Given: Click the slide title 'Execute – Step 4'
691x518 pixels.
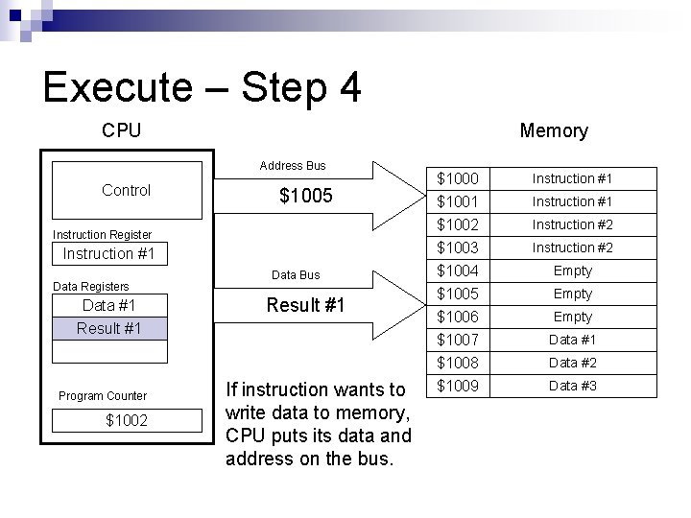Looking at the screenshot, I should click(203, 87).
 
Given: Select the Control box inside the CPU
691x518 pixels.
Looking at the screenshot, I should click(126, 190).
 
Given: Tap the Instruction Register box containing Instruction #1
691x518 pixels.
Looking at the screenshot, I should click(110, 254).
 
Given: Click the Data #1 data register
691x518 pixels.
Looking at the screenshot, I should click(110, 306).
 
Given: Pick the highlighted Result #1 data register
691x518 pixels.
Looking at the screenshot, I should click(110, 329).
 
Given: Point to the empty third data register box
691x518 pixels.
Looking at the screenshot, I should click(110, 351).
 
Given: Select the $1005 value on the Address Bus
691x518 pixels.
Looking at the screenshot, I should click(305, 197).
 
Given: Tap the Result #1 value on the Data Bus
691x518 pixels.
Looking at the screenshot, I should click(305, 306).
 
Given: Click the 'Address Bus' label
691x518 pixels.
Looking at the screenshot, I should click(292, 166).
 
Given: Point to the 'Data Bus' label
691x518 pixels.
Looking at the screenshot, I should click(296, 275).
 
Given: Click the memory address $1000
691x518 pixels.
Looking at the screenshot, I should click(457, 178).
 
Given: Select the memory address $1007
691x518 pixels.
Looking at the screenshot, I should click(457, 340).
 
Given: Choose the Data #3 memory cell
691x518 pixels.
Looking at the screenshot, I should click(572, 386).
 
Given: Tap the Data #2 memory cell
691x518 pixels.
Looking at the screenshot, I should click(572, 363).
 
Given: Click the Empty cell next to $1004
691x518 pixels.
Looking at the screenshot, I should click(572, 271).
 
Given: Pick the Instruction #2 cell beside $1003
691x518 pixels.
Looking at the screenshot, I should click(572, 247).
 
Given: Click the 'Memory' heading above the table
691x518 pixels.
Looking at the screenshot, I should click(553, 130).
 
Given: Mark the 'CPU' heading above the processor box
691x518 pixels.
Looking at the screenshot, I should click(121, 130).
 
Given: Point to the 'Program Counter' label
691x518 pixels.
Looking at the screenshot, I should click(103, 396).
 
